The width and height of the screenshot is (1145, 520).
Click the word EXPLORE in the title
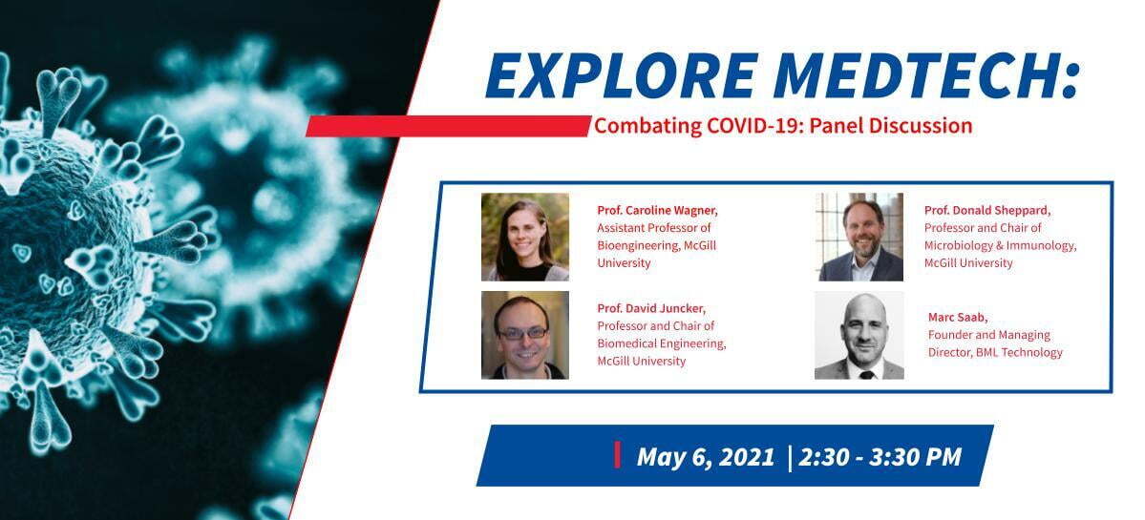[x=613, y=75]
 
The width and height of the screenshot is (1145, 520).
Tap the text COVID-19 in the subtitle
[x=744, y=126]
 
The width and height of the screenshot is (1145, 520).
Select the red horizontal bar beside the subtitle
[x=448, y=126]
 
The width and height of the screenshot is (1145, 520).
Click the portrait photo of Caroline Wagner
[x=525, y=237]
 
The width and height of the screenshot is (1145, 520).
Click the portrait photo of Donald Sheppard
[x=860, y=237]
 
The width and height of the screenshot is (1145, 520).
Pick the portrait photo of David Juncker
[x=525, y=335]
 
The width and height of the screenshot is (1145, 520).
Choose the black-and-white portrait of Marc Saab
[x=859, y=336]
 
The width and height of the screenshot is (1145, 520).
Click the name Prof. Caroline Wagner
[x=657, y=211]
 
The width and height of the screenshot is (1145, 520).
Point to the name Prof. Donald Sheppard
[x=987, y=211]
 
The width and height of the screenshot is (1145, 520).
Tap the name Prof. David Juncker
[x=650, y=308]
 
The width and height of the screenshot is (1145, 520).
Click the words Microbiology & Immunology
[x=1000, y=246]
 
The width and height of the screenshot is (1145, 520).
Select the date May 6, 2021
[x=706, y=457]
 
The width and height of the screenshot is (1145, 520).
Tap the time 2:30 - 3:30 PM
[x=880, y=457]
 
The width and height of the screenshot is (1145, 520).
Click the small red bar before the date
[x=618, y=454]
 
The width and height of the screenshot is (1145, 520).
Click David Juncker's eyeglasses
[x=523, y=333]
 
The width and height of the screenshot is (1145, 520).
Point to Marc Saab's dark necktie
[x=865, y=374]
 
